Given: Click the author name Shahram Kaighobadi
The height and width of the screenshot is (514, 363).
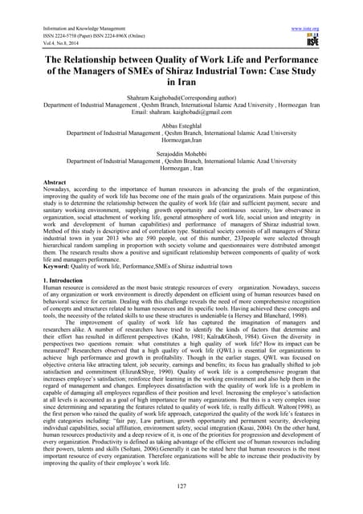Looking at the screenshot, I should pyautogui.click(x=159, y=96).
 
